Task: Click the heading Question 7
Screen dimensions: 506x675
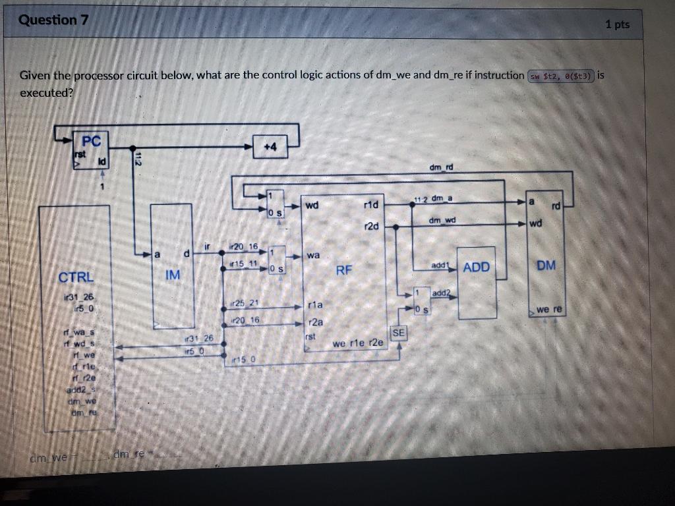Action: click(53, 20)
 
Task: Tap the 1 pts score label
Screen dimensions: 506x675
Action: click(617, 24)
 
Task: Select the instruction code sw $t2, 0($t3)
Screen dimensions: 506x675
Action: click(562, 75)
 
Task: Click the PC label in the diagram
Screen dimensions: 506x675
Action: click(92, 141)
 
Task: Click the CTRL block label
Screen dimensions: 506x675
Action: click(76, 277)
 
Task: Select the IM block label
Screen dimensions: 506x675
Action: click(172, 274)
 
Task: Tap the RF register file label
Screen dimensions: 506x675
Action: click(345, 270)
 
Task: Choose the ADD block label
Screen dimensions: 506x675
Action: click(477, 267)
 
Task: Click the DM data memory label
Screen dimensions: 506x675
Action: click(546, 266)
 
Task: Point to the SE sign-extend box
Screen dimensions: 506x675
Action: click(398, 334)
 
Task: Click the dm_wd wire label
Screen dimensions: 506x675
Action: click(442, 219)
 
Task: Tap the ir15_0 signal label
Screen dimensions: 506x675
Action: click(244, 360)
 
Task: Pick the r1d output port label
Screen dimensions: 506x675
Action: click(371, 205)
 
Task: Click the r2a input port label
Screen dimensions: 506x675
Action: click(316, 322)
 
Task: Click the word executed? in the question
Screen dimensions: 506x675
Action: click(47, 92)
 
